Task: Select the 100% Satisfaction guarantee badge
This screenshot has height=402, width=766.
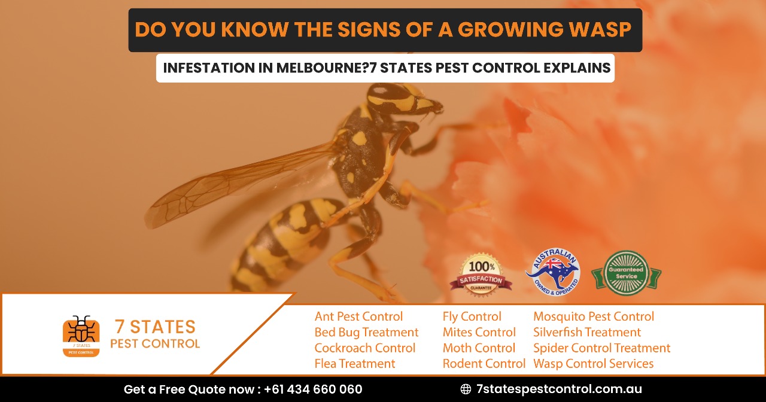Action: pyautogui.click(x=481, y=275)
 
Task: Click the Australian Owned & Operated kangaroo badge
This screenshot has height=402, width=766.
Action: pyautogui.click(x=552, y=272)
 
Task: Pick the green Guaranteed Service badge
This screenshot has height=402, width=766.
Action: pyautogui.click(x=626, y=273)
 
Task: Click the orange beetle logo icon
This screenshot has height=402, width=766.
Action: pyautogui.click(x=81, y=336)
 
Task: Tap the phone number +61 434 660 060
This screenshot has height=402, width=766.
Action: pyautogui.click(x=313, y=389)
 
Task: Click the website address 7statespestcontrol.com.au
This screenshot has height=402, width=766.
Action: pyautogui.click(x=559, y=389)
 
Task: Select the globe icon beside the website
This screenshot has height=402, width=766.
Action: pyautogui.click(x=466, y=389)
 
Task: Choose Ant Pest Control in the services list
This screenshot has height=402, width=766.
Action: pyautogui.click(x=358, y=316)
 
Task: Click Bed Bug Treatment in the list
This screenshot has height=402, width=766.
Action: pyautogui.click(x=366, y=332)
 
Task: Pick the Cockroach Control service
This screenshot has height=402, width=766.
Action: pyautogui.click(x=364, y=348)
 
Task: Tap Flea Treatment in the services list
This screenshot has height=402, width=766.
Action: pyautogui.click(x=355, y=363)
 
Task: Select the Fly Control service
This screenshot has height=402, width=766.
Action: pyautogui.click(x=472, y=316)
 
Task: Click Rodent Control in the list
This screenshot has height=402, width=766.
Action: pyautogui.click(x=484, y=363)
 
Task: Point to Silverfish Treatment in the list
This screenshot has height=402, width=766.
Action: pyautogui.click(x=586, y=332)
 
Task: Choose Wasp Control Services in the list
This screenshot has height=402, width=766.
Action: pyautogui.click(x=593, y=363)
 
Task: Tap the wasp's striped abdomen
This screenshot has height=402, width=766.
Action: pyautogui.click(x=287, y=245)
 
